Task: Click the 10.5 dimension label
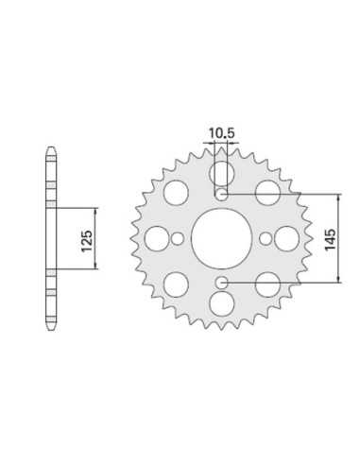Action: [x=222, y=133]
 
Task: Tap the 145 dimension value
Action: [x=330, y=240]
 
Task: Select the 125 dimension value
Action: [x=87, y=241]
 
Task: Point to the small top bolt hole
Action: [x=222, y=195]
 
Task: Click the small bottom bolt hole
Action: [x=222, y=283]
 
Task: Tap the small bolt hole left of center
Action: [x=178, y=239]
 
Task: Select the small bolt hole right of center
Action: [x=266, y=239]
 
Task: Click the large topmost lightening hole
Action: [x=222, y=174]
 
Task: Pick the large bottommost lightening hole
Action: [x=222, y=303]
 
